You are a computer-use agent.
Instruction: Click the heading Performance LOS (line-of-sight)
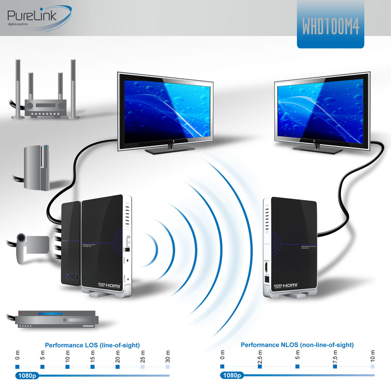[x=92, y=345]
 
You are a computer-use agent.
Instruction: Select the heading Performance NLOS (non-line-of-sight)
[x=297, y=345]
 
